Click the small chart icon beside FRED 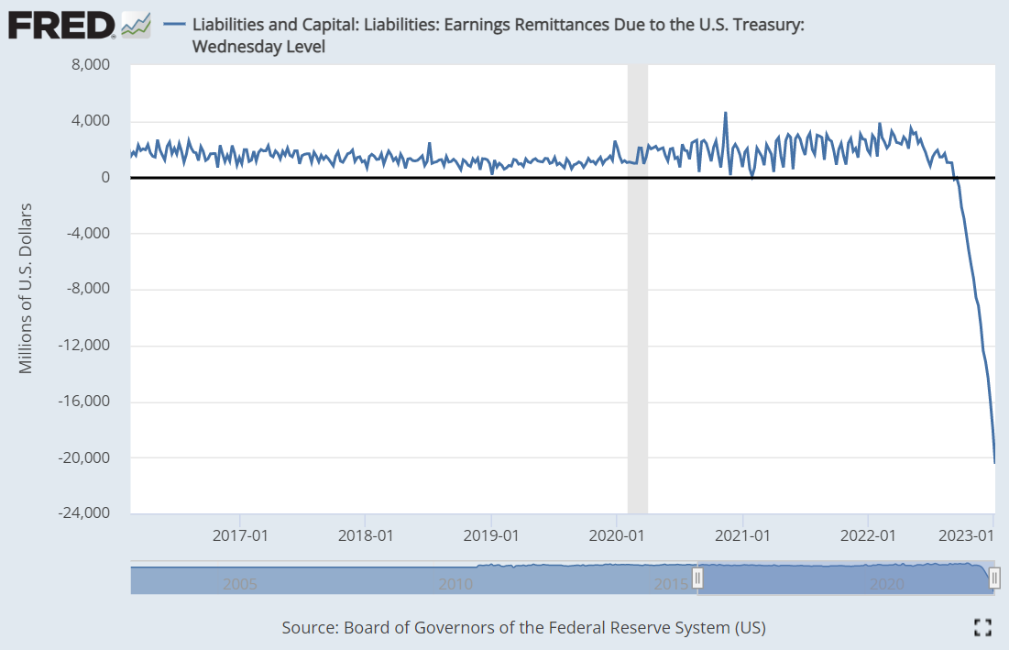136,25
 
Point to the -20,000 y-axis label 83,457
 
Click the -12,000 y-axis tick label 83,346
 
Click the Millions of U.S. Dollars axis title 26,287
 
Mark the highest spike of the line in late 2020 725,113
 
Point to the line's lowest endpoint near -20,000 994,462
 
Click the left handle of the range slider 697,578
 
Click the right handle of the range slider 993,578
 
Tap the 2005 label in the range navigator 240,584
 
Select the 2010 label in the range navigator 455,584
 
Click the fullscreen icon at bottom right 982,627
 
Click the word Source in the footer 309,628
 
